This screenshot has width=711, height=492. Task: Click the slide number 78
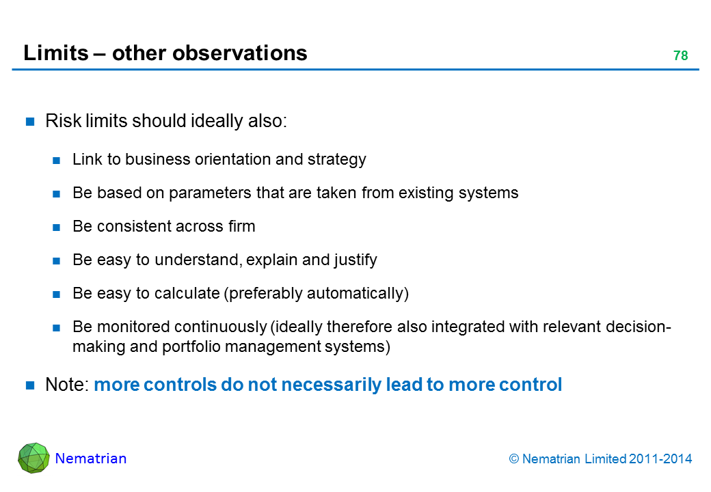click(x=681, y=56)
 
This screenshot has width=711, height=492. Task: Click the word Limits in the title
click(x=56, y=53)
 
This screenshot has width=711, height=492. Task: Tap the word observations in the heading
click(x=239, y=53)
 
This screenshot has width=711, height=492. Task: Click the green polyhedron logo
click(x=33, y=458)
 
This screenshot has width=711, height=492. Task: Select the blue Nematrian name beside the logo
click(x=91, y=459)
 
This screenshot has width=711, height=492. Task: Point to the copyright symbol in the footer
click(x=513, y=459)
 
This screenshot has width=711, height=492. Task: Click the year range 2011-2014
click(x=660, y=459)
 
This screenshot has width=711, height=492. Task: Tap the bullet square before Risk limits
click(x=30, y=122)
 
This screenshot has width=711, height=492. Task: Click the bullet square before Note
click(x=30, y=385)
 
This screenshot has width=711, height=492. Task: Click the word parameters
click(x=210, y=193)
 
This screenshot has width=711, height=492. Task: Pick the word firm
click(x=242, y=226)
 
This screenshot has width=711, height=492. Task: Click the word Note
click(x=67, y=385)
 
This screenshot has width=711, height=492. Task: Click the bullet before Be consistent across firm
click(x=56, y=227)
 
